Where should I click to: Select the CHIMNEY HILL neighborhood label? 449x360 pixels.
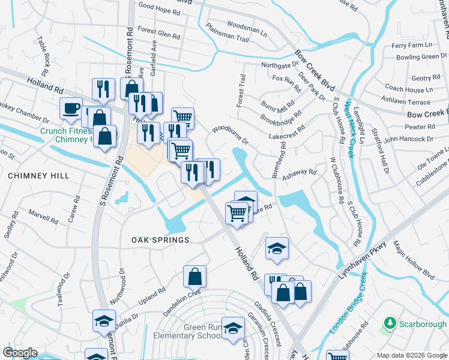point(38,176)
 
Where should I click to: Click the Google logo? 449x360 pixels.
point(20,353)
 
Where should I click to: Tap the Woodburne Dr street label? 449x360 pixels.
point(230,134)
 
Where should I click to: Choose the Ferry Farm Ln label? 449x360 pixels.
point(411,46)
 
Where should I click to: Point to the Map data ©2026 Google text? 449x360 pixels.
point(412,355)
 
